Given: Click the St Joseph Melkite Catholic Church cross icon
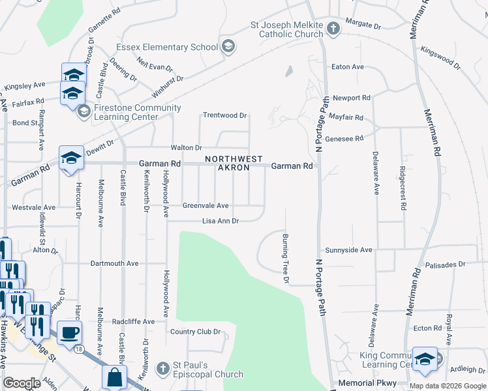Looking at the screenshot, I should (x=333, y=28).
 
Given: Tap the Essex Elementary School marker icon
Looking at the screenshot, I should (x=228, y=46).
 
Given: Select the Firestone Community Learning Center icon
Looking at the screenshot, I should (x=84, y=112).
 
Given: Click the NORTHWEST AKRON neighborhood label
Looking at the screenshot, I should (x=234, y=164).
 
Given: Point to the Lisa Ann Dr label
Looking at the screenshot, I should (x=221, y=221).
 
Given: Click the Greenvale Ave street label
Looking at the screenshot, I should (x=205, y=205).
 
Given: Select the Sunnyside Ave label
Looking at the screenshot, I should (x=348, y=250).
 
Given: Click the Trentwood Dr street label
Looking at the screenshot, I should (x=224, y=115).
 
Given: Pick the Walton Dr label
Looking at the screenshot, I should (x=186, y=148).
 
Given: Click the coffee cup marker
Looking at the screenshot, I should (x=70, y=332).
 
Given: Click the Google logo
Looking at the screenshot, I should (x=22, y=383).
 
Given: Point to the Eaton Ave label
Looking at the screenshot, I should (x=348, y=67).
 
